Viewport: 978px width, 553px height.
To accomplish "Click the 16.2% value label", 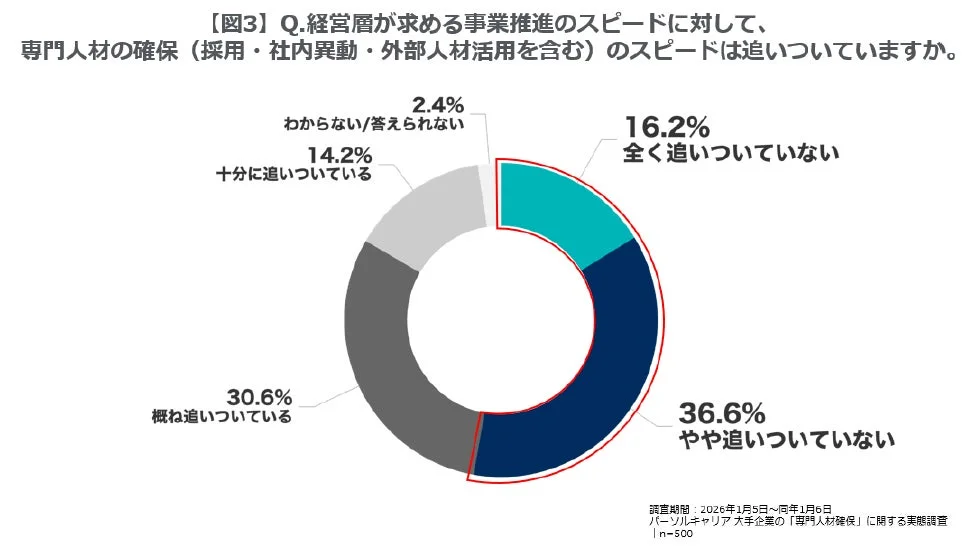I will tap(666, 128).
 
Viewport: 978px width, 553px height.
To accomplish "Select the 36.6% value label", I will tap(722, 412).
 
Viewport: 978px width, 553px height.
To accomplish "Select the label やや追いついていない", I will tap(786, 438).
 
